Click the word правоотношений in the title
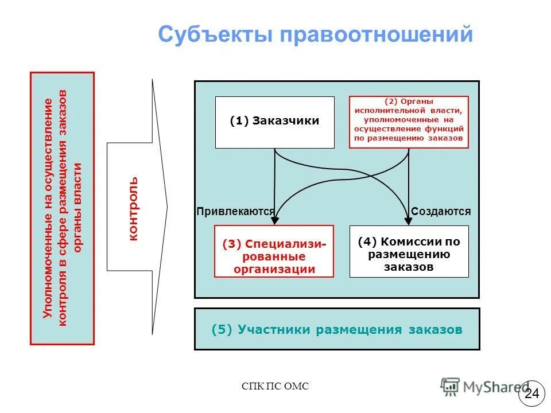[377, 34]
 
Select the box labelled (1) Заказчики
[274, 122]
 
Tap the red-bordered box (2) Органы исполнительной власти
[409, 122]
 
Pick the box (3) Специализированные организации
[274, 251]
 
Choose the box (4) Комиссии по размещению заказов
[409, 251]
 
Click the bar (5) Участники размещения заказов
[337, 329]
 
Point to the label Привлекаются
[235, 211]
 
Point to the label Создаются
[441, 211]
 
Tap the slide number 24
[532, 393]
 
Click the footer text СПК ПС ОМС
[275, 387]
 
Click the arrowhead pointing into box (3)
[275, 220]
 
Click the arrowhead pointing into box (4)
[409, 220]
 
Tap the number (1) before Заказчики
[239, 121]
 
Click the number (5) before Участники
[222, 330]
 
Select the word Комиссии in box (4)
[419, 242]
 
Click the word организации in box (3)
[274, 269]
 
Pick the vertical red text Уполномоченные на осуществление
[48, 209]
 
